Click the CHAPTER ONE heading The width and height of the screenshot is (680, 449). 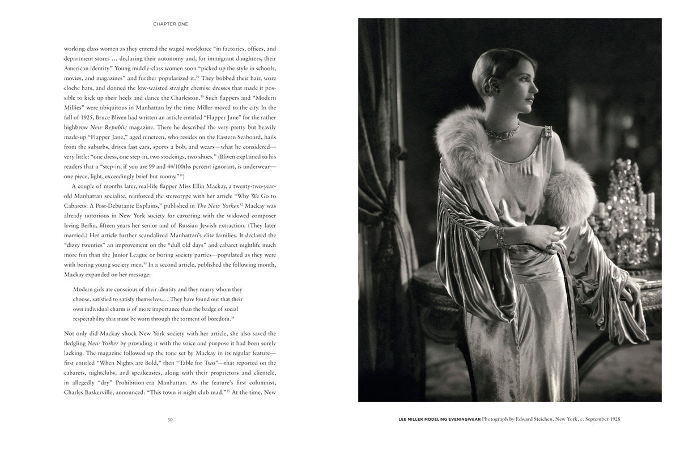coord(171,24)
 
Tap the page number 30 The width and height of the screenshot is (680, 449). coord(170,420)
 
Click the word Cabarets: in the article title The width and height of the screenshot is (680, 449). coord(80,206)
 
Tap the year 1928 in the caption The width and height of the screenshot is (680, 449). coord(612,420)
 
